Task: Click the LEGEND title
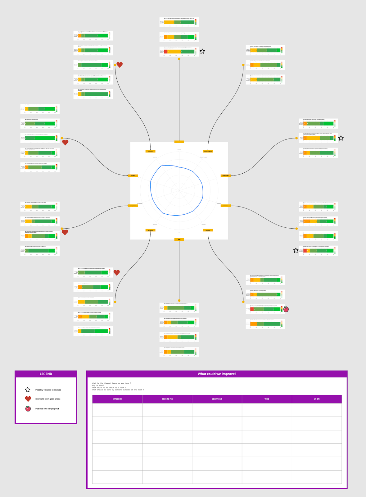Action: (x=46, y=374)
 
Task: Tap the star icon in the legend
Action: (x=28, y=390)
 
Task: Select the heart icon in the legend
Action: (x=28, y=399)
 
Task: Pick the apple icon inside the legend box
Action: (x=28, y=408)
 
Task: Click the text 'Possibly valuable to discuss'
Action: (x=48, y=390)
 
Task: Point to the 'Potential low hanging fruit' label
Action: (x=47, y=409)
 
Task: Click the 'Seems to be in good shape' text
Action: (x=48, y=399)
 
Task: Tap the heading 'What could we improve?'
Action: (x=217, y=374)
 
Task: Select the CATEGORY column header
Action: (x=117, y=399)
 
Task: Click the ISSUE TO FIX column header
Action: (x=167, y=399)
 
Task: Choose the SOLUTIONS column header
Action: (x=217, y=399)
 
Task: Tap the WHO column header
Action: (x=267, y=399)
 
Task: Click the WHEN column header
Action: (x=317, y=399)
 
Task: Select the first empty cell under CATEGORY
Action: (x=117, y=410)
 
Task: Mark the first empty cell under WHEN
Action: (x=317, y=410)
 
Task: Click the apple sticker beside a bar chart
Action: (x=286, y=309)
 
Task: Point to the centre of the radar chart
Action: (x=179, y=190)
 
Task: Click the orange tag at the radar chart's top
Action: (x=179, y=142)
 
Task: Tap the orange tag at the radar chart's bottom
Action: (x=179, y=239)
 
